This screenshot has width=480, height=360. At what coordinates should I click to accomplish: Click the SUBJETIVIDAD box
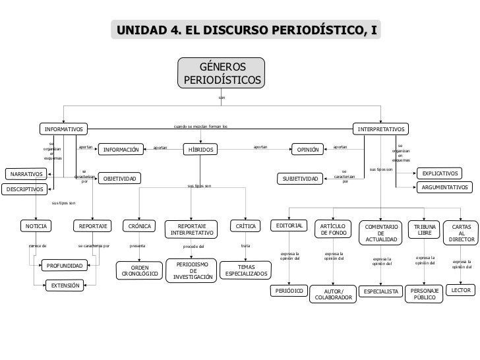point(300,179)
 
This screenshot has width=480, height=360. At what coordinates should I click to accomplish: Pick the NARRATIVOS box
point(25,174)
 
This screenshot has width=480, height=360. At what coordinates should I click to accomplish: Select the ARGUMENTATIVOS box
point(446,188)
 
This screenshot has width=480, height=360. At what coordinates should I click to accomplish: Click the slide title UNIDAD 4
point(246,30)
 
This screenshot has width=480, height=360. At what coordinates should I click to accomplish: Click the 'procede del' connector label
point(194,247)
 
